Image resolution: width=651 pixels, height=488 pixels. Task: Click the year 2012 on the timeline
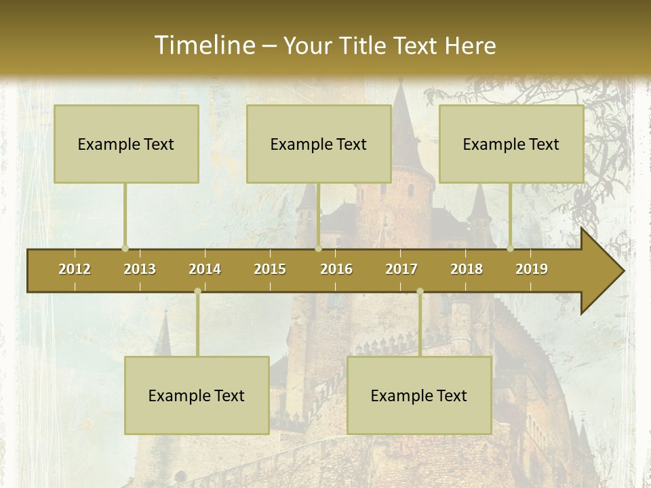(75, 269)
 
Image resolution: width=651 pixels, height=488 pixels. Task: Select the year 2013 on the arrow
(140, 269)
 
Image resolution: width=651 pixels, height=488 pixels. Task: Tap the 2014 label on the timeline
(205, 269)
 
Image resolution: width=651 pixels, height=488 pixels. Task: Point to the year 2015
(270, 269)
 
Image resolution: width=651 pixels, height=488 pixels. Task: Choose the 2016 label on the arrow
(336, 269)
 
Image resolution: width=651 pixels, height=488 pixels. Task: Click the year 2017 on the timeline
(401, 269)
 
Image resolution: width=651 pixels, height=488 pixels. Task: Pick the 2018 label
(467, 269)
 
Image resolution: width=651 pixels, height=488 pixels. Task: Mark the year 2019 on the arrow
(532, 269)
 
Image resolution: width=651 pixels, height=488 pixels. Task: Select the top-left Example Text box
(126, 144)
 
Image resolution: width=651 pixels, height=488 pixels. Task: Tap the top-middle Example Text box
(319, 144)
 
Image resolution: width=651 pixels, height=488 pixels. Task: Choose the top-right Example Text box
(511, 144)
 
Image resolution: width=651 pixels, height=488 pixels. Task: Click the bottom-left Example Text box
(197, 396)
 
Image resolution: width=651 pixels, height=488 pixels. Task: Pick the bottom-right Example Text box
(419, 396)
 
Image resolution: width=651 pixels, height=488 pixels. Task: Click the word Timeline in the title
(204, 45)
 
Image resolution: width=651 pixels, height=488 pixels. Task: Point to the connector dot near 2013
(125, 249)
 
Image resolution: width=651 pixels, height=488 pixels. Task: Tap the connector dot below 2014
(197, 291)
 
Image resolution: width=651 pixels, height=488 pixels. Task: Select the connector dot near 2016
(318, 249)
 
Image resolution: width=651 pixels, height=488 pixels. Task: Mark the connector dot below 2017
(420, 291)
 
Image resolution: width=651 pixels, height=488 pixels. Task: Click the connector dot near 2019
(511, 249)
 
